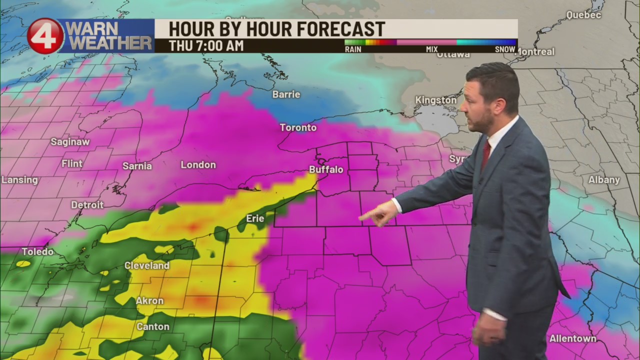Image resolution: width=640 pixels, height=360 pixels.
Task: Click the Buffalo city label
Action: [326, 169]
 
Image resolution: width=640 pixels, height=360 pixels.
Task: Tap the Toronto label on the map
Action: [298, 127]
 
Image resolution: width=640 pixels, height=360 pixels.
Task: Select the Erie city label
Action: [255, 218]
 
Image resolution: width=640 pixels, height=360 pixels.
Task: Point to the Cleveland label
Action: [147, 265]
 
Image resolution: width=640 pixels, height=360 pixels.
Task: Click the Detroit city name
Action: [87, 205]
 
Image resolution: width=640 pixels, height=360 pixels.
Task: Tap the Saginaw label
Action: [70, 142]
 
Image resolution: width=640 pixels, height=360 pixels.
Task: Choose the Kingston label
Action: [436, 100]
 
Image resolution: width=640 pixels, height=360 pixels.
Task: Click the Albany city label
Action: [604, 180]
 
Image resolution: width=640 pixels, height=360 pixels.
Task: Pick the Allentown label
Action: [573, 338]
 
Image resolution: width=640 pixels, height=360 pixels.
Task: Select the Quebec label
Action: [583, 15]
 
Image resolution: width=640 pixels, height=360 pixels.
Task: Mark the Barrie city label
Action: [286, 94]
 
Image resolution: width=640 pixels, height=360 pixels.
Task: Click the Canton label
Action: [153, 326]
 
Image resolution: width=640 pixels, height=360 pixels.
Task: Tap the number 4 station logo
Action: [45, 36]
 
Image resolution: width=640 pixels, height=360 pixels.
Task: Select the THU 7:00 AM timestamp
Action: [206, 45]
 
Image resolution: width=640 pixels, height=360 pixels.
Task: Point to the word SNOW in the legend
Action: [505, 49]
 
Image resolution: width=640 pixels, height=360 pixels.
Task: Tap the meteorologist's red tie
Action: [485, 154]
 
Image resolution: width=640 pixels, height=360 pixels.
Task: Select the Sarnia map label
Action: [137, 166]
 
